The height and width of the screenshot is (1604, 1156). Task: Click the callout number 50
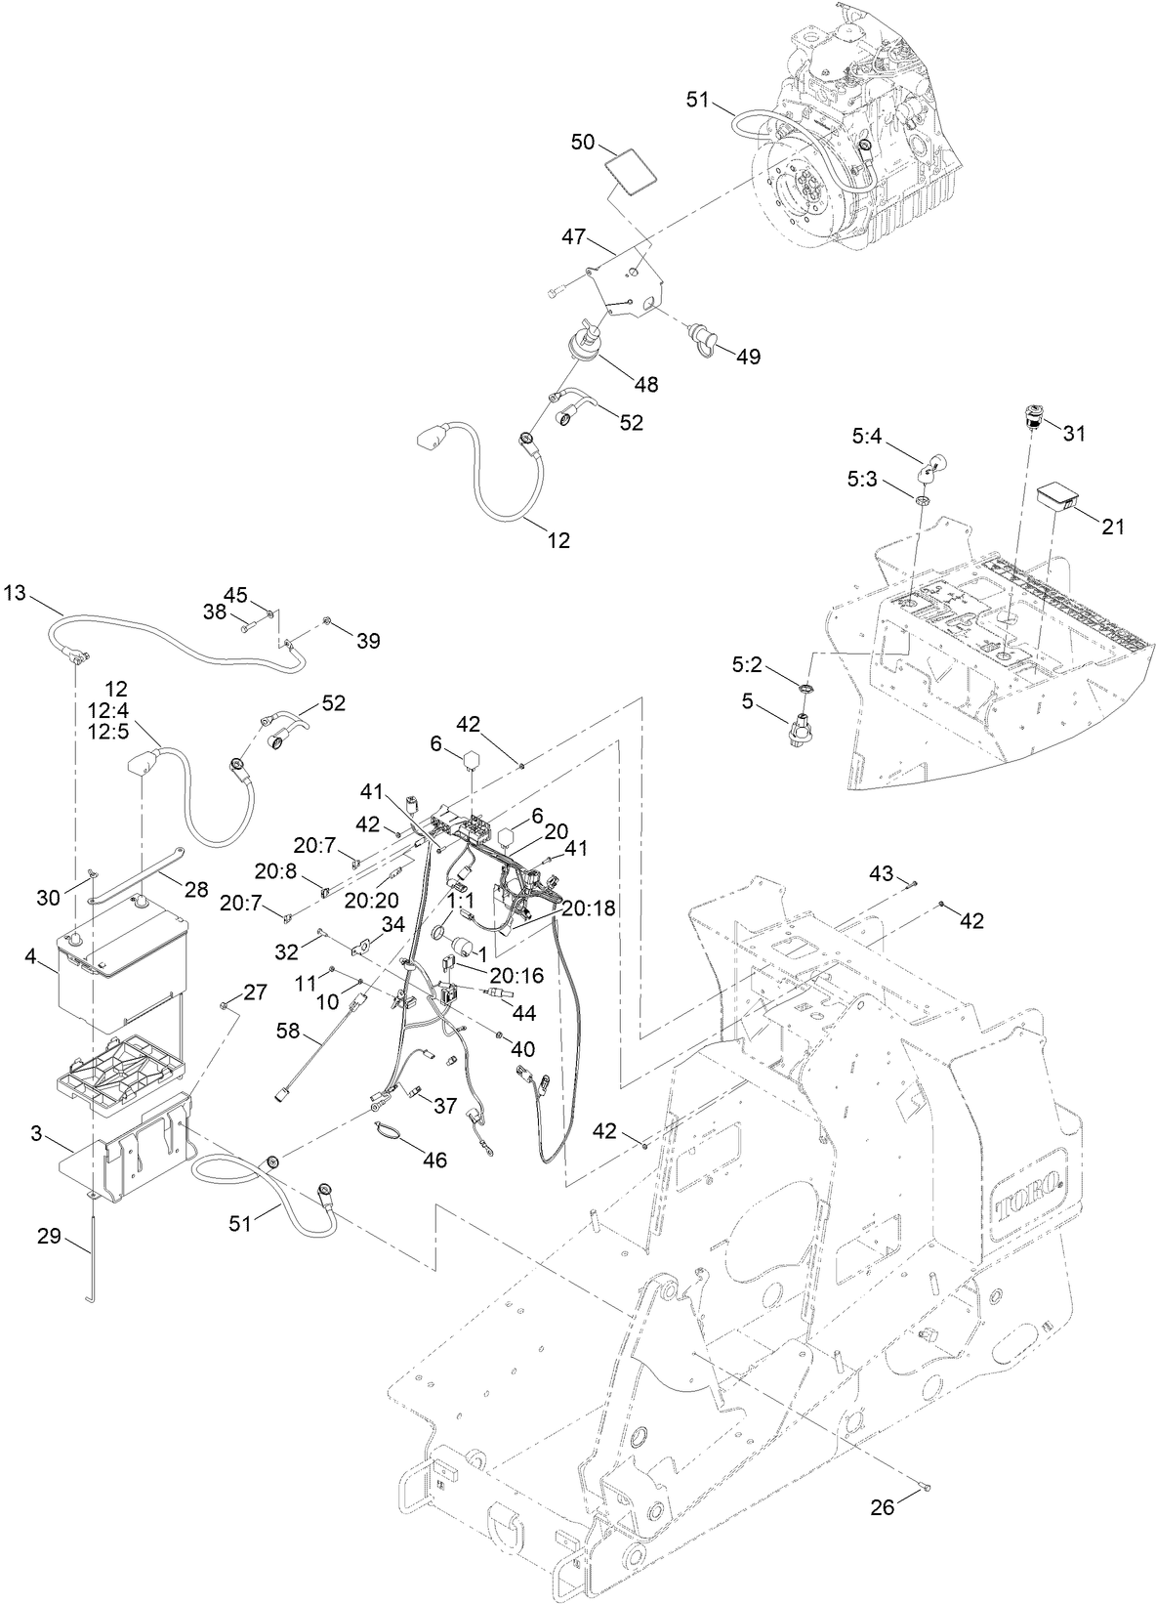click(582, 142)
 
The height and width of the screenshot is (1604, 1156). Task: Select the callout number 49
click(748, 357)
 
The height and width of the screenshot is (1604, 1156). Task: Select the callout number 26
click(882, 1507)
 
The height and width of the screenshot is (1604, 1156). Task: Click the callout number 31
click(1074, 433)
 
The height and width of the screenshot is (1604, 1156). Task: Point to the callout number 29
click(49, 1236)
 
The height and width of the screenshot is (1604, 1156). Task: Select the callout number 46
click(434, 1160)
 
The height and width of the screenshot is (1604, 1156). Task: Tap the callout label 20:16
click(516, 975)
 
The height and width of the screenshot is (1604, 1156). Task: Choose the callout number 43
click(881, 873)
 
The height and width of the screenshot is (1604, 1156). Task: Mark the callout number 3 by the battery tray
click(36, 1133)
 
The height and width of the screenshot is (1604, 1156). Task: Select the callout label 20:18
click(591, 908)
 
